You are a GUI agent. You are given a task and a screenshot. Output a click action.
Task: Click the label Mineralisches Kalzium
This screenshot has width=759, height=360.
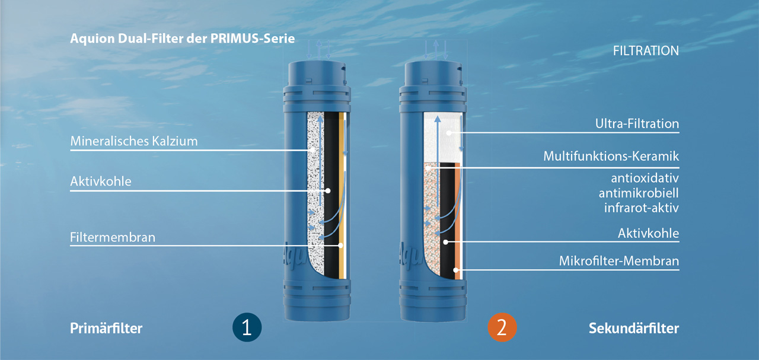(133, 142)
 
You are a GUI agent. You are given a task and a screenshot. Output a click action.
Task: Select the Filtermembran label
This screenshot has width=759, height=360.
(113, 237)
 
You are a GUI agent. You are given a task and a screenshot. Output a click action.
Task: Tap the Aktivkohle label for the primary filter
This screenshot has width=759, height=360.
(100, 181)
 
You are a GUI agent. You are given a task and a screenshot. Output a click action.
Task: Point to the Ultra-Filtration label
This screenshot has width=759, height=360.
(637, 124)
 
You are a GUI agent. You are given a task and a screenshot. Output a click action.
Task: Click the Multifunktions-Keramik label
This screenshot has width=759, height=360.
(611, 157)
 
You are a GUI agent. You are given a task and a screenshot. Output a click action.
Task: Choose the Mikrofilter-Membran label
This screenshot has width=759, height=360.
(618, 261)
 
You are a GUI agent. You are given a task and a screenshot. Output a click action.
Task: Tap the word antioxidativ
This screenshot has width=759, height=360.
(645, 178)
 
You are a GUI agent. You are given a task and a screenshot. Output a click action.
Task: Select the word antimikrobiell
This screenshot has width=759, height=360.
(639, 193)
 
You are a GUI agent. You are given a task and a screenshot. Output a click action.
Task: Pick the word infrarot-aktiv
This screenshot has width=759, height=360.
(641, 208)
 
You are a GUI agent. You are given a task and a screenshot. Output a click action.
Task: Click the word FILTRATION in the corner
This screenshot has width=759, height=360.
(646, 51)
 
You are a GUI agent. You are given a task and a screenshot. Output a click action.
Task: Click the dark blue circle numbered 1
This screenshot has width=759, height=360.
(247, 328)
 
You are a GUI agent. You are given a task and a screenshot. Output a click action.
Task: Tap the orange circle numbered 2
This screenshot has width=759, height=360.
(502, 328)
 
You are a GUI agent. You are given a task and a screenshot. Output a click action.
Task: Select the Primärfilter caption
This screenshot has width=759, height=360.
(106, 328)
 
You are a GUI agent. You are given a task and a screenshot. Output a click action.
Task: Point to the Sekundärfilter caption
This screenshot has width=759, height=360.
(633, 328)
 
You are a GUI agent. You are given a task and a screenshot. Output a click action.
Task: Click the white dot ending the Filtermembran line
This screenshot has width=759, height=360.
(341, 245)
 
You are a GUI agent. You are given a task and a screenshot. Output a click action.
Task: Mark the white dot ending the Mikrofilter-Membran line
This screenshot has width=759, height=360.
(456, 270)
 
